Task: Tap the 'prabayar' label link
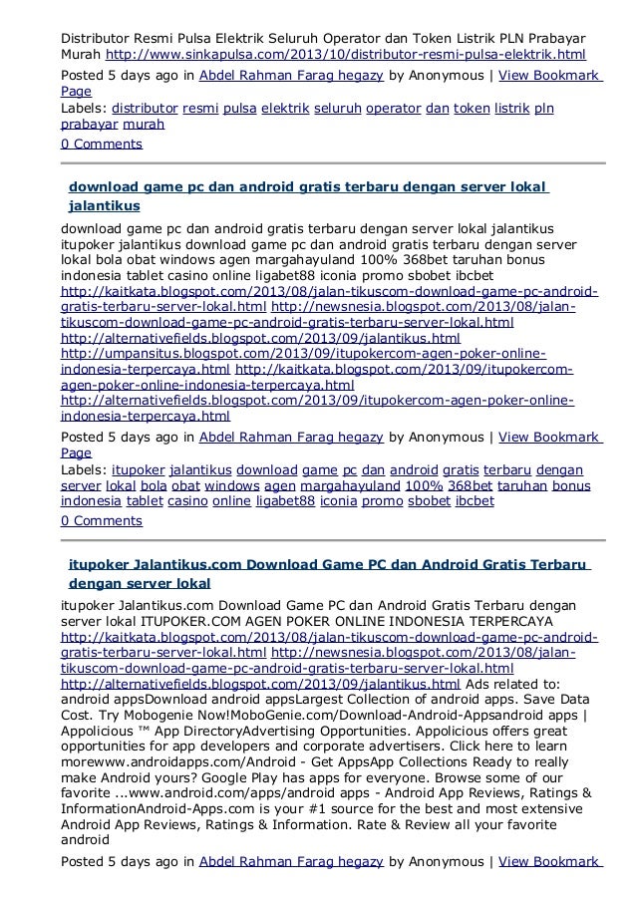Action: click(x=88, y=126)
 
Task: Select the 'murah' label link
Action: click(x=146, y=126)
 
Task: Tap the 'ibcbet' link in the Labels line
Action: click(x=475, y=501)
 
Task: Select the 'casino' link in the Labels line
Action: click(x=187, y=501)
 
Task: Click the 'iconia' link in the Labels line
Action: click(x=338, y=501)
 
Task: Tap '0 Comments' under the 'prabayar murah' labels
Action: click(x=102, y=144)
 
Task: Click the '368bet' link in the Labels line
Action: click(x=469, y=485)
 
